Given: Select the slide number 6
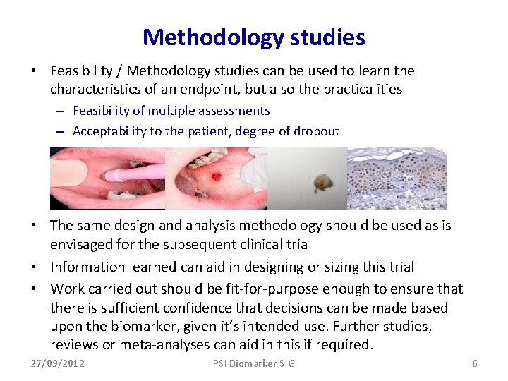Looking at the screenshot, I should pos(474,363).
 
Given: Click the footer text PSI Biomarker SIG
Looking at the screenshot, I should pos(254,363).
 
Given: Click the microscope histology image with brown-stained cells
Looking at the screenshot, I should pos(397,178).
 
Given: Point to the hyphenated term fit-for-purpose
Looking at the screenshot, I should pos(272,289).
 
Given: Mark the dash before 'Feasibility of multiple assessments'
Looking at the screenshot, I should pos(62,111).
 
